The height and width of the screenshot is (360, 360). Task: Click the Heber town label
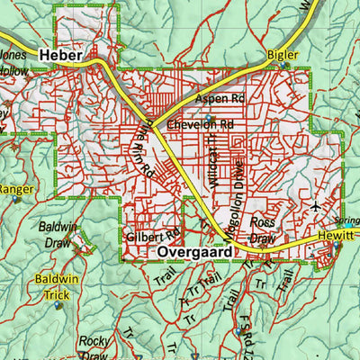tap(61, 56)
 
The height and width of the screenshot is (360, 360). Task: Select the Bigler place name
tap(283, 56)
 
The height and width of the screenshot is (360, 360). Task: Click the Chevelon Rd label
tap(200, 124)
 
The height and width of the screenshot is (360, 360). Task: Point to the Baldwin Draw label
tap(57, 235)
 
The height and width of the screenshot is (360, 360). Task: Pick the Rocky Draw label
tap(94, 347)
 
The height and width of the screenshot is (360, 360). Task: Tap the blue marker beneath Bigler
tap(286, 66)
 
